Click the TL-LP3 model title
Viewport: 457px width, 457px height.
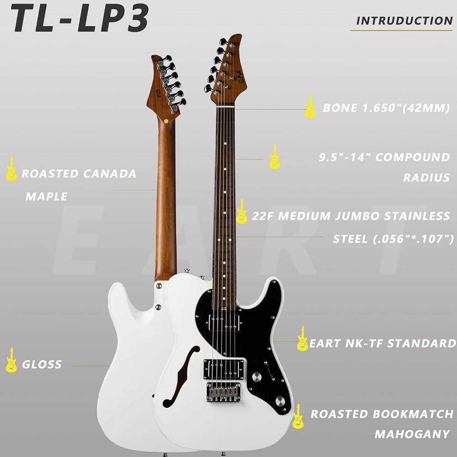[80, 19]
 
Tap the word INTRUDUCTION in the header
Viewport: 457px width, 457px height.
[404, 21]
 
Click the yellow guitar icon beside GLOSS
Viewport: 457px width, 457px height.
[11, 360]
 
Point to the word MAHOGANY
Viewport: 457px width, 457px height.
[412, 434]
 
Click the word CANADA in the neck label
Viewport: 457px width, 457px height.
[110, 174]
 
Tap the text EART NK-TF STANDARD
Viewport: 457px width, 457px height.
[383, 343]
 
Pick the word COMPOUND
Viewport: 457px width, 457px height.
[412, 157]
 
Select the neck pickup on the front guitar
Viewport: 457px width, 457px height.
[224, 323]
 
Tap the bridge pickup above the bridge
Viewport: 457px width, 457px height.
[224, 369]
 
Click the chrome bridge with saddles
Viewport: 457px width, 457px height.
[223, 392]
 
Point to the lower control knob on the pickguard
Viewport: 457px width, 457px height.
[281, 401]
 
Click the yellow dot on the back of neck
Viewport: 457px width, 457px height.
[166, 121]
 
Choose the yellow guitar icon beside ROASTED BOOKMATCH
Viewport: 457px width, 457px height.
[298, 416]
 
